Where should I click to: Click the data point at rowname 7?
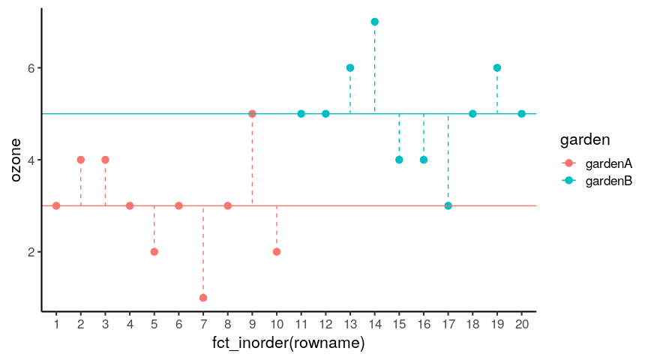[203, 298]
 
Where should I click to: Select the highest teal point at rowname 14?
[374, 22]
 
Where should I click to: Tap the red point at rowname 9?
[252, 114]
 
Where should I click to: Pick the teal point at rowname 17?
[448, 205]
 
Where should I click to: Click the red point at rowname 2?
[81, 160]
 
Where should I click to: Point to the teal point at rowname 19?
[496, 68]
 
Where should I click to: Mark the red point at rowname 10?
[277, 251]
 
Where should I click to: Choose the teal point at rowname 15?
[399, 160]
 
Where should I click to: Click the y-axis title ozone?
[16, 160]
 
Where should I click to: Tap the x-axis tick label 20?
[521, 324]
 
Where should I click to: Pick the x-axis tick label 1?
[56, 324]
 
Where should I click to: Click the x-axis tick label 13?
[349, 324]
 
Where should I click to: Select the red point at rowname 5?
[154, 251]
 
